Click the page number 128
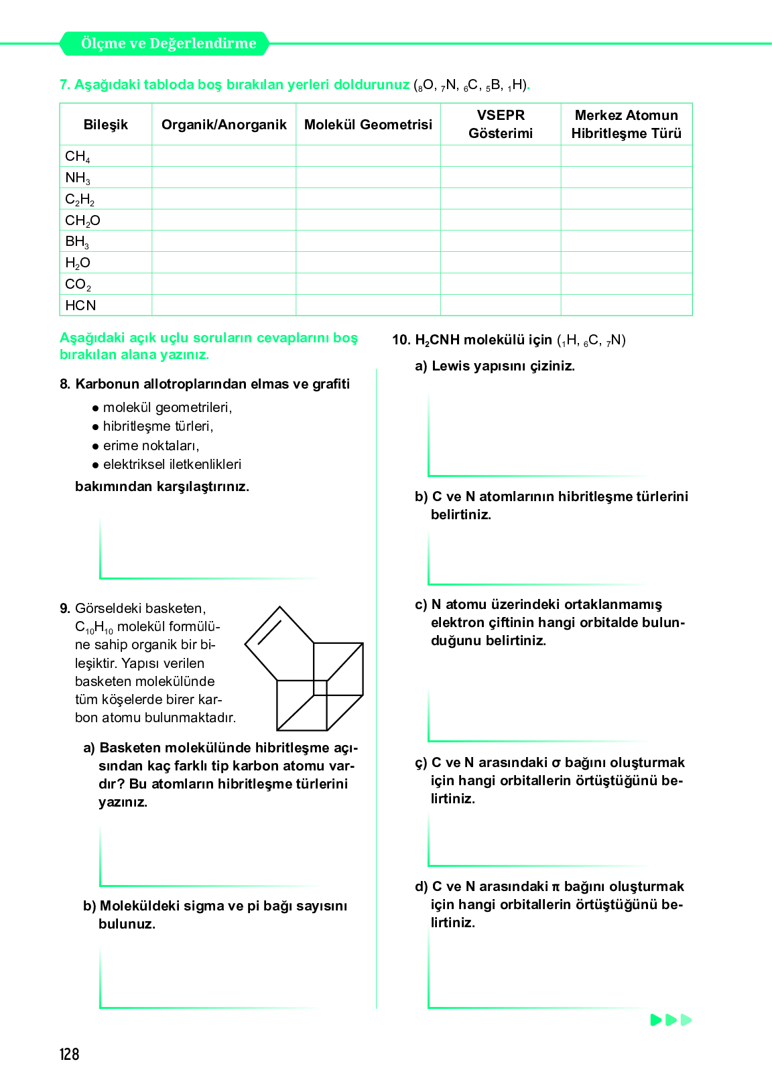[x=69, y=1055]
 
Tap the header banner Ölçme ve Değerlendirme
[x=168, y=44]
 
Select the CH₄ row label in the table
[x=78, y=156]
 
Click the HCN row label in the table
[x=80, y=305]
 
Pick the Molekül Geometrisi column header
[x=368, y=125]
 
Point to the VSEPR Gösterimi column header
[x=501, y=124]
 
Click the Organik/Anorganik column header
[x=224, y=125]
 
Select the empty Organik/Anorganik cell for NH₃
[x=224, y=178]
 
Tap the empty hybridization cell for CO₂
[x=626, y=284]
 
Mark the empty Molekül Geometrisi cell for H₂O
[x=368, y=263]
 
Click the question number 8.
[x=65, y=384]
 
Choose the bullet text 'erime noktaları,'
[x=151, y=446]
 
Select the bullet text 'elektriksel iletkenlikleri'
[x=172, y=464]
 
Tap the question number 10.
[x=401, y=340]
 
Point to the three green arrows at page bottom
[x=671, y=1020]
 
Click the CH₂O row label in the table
[x=82, y=220]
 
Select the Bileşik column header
[x=106, y=125]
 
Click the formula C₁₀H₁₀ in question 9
[x=94, y=628]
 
